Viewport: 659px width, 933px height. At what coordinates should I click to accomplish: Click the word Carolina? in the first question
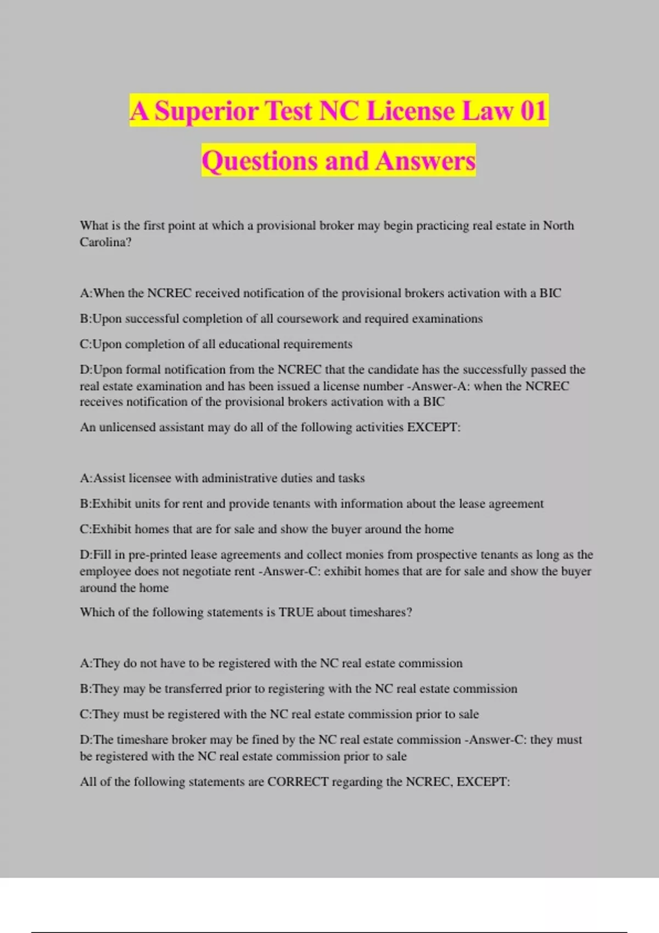(x=105, y=242)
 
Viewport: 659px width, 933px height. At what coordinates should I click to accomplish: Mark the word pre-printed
(x=151, y=555)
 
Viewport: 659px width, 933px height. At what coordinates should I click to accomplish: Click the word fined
(x=265, y=740)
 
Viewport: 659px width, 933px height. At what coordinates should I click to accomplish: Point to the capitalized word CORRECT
(x=298, y=782)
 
